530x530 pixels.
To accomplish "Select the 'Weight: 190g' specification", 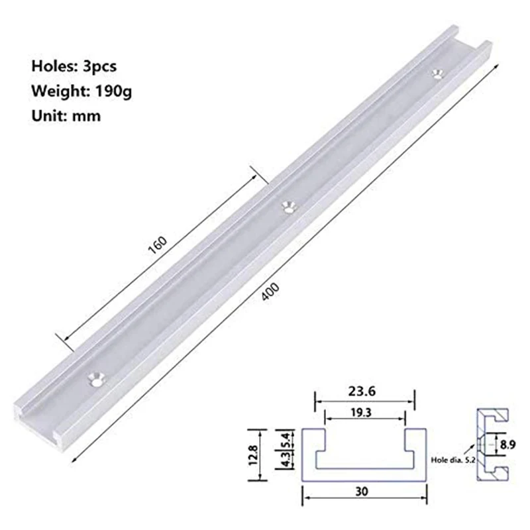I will point(81,90).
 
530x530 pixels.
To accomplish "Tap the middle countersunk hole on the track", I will point(288,207).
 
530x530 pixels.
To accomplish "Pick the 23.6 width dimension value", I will point(364,392).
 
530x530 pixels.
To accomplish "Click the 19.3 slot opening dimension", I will point(364,411).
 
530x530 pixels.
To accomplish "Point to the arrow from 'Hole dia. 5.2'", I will point(476,449).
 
